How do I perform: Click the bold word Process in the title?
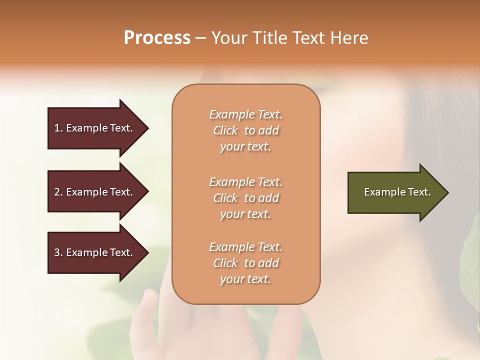(157, 38)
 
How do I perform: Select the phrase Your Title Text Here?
(290, 38)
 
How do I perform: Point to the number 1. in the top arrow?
(58, 128)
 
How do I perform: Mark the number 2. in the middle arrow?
(58, 192)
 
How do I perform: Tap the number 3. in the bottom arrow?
(58, 252)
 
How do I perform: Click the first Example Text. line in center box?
(245, 114)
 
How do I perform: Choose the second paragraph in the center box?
(245, 198)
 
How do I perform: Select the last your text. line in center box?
(245, 279)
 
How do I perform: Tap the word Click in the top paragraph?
(225, 130)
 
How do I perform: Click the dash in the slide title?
(200, 38)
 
